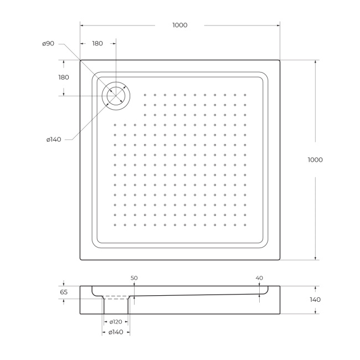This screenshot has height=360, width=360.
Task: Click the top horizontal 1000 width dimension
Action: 179,25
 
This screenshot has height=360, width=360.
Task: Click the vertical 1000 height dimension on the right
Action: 315,160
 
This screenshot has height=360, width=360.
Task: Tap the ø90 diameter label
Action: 48,44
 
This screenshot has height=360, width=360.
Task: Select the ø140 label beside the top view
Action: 54,139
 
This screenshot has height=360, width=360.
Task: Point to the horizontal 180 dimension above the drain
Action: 97,43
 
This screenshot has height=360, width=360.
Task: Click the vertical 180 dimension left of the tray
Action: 64,77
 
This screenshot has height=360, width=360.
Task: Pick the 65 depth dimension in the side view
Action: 64,291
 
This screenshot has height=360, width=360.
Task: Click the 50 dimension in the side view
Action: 133,278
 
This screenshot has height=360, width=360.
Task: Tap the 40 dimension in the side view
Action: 260,278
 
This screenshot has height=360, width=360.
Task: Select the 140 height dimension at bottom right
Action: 315,300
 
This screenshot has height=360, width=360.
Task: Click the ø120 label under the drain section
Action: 116,322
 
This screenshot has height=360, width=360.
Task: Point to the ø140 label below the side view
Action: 116,332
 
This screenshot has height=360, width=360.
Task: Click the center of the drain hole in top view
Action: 116,95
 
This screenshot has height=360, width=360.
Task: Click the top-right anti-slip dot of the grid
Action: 245,94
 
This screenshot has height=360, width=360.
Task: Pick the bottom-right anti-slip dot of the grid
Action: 245,225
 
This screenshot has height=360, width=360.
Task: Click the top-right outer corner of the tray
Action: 280,60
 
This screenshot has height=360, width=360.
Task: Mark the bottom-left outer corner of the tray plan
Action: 80,260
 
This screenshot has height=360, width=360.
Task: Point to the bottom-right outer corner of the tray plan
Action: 280,260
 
